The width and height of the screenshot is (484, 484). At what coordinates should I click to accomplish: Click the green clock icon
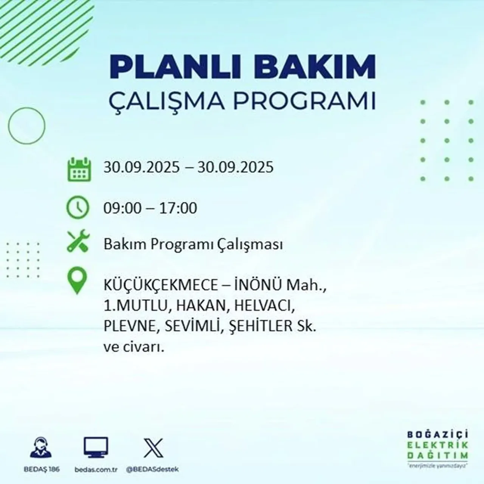click(x=78, y=208)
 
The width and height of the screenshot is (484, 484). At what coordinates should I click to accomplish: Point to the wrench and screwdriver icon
click(x=78, y=242)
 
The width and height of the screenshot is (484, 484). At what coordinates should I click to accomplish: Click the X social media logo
click(x=154, y=448)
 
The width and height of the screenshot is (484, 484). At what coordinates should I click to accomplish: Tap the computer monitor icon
click(x=96, y=448)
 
